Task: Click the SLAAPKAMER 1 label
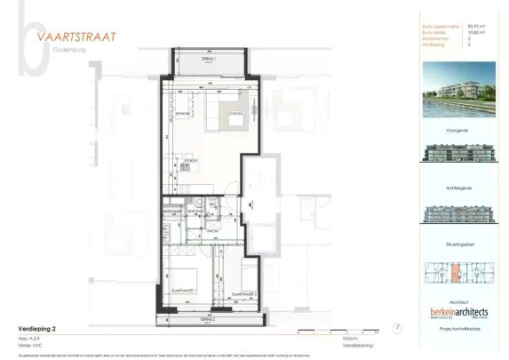[183, 291]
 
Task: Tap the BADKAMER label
[173, 212]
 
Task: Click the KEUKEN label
[191, 160]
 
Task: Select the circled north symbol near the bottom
[397, 329]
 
